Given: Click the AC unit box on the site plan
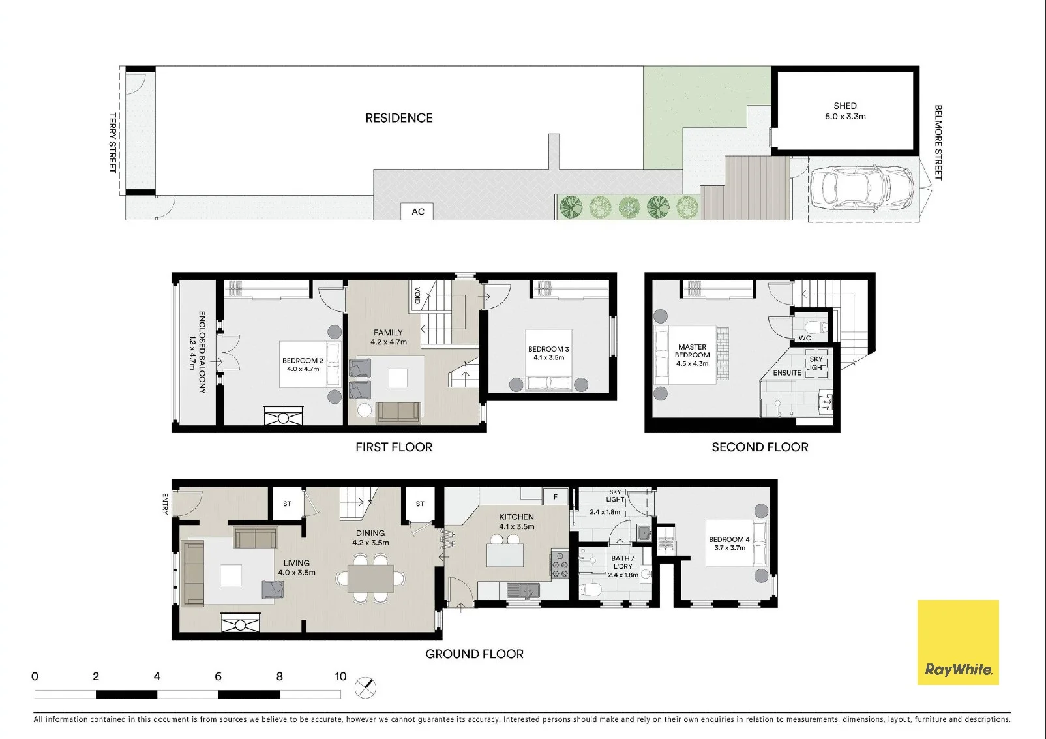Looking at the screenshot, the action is point(417,211).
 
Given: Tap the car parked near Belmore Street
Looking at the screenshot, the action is point(861,189).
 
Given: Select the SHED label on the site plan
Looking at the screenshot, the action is point(845,106).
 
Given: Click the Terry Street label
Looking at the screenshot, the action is point(113,142).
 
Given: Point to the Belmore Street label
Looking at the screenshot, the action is point(938,142).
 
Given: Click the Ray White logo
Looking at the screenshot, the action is point(958,642).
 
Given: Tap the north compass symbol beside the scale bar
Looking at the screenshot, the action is point(365,687).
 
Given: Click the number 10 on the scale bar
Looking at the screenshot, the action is point(340,676).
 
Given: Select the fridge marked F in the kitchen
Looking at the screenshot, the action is point(556,496).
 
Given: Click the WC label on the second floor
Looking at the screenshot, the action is point(805,339).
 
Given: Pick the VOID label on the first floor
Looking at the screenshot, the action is point(417,295).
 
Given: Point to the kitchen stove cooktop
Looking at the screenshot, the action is point(560,564).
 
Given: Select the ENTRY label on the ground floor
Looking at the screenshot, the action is point(165,504).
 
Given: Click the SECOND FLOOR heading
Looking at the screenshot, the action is point(760,447).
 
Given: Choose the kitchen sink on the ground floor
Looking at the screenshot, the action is point(523,590).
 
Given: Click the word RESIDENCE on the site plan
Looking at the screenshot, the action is point(399,118).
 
